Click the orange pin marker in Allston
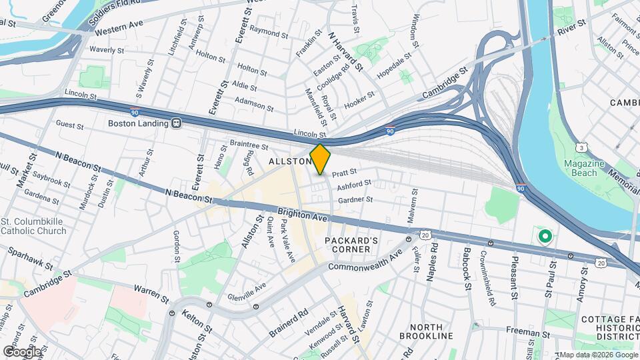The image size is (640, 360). (321, 159)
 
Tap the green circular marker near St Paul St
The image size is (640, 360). (545, 235)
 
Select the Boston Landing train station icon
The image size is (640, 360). (177, 123)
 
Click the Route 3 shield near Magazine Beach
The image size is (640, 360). (582, 147)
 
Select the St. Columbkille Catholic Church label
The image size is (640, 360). (33, 226)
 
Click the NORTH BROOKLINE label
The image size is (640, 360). (431, 332)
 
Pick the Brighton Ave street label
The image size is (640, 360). (303, 215)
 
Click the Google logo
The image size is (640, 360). (22, 351)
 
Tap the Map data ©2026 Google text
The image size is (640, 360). (598, 355)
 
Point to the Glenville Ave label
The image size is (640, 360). (247, 291)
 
